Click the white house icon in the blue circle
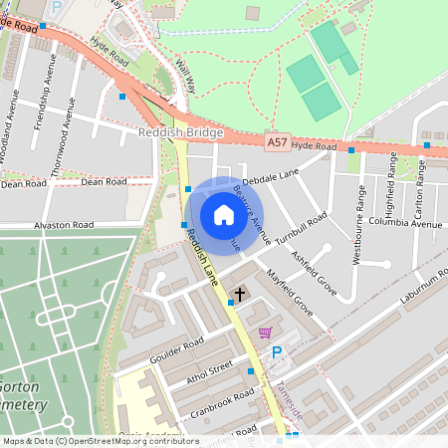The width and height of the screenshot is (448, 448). pos(224,215)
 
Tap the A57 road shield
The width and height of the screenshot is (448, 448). pos(278,145)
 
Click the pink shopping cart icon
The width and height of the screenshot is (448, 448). pos(265,333)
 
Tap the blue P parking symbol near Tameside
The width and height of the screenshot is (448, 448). pos(278,352)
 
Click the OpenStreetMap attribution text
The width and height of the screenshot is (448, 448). pos(100,441)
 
